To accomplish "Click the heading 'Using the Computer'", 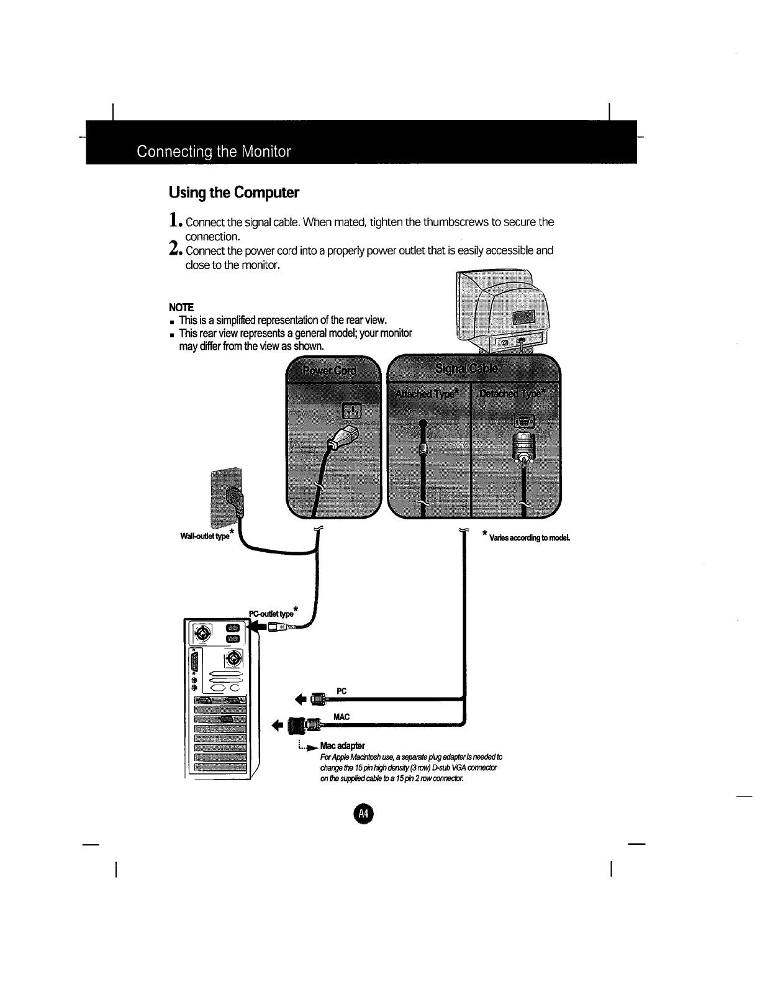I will coord(234,193).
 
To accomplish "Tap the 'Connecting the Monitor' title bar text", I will coord(214,152).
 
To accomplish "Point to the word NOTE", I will coord(181,307).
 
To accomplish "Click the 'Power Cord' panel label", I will coord(330,371).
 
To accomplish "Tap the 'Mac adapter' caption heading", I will coord(342,745).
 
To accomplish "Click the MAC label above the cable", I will coord(342,717).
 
